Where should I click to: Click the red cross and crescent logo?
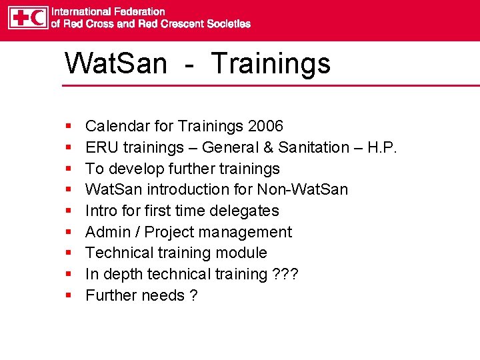click(28, 18)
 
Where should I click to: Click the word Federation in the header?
click(140, 11)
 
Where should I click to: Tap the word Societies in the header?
click(227, 24)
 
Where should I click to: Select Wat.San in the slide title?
click(115, 63)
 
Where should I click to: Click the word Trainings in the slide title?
click(271, 63)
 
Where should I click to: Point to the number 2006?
click(265, 126)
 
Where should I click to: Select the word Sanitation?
click(314, 147)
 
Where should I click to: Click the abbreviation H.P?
click(381, 147)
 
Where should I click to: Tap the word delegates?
click(249, 211)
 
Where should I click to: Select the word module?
click(243, 253)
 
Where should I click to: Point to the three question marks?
click(285, 274)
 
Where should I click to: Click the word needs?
click(162, 295)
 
